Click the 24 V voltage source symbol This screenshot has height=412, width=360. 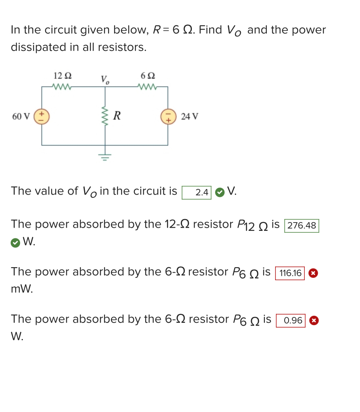click(x=168, y=117)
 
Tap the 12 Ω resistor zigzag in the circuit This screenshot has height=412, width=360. click(x=62, y=86)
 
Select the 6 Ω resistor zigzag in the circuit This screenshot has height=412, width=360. click(x=148, y=86)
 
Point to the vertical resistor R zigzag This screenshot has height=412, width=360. click(x=105, y=116)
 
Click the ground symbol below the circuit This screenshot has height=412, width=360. click(x=105, y=157)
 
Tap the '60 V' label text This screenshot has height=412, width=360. click(x=21, y=117)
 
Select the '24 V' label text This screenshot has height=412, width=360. click(x=189, y=117)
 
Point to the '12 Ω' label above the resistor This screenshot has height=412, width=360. click(x=62, y=75)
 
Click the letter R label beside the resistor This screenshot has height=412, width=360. click(x=117, y=116)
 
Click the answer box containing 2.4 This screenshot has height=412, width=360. click(x=197, y=193)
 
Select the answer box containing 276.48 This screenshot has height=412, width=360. click(x=302, y=226)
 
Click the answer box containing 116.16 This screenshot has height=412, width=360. click(x=290, y=273)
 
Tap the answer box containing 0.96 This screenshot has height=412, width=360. click(x=291, y=320)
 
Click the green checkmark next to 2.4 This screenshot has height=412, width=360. click(x=220, y=192)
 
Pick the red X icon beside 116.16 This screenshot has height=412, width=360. click(x=313, y=273)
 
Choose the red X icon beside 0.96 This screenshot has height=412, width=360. click(x=314, y=320)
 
